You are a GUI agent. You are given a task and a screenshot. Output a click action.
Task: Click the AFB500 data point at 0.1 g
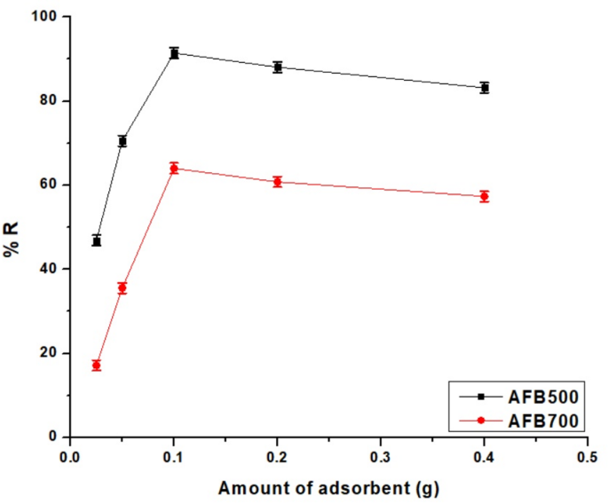[174, 53]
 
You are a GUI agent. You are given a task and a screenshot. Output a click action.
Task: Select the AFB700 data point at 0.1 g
[174, 168]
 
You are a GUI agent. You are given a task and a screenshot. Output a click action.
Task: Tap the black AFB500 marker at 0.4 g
[485, 88]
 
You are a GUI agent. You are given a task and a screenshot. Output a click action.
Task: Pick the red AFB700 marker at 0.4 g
[485, 196]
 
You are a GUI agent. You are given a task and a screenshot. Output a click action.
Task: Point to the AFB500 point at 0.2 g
[278, 67]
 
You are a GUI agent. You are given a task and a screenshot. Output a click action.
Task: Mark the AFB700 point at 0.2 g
[278, 182]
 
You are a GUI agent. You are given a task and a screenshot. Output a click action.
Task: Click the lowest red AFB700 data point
[96, 365]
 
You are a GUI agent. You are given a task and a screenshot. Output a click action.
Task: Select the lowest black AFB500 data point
[96, 240]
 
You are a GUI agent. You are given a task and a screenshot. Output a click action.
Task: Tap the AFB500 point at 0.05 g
[122, 141]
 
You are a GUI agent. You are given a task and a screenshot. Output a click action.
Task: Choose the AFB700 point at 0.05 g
[122, 287]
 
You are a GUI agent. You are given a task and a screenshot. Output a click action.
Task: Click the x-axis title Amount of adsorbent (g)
[328, 487]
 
